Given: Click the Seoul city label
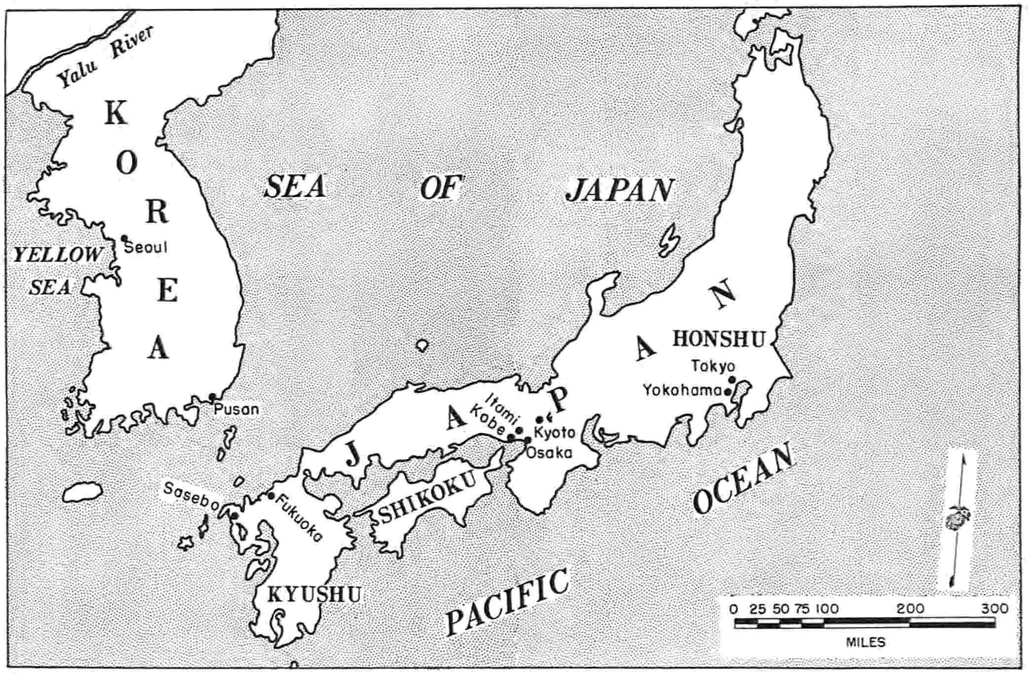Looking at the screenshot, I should (146, 247).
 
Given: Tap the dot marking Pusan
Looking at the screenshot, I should (212, 397).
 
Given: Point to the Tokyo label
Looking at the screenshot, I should (713, 367).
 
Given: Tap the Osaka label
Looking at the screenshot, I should (549, 453).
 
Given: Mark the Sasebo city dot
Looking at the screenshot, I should (234, 515).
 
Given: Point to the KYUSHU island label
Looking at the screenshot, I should (314, 594).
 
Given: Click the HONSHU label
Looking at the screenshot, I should (719, 339).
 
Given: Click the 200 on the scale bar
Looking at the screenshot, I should (910, 609).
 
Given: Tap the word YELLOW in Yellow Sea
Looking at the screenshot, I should (57, 255).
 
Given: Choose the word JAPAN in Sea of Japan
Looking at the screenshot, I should (620, 190).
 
